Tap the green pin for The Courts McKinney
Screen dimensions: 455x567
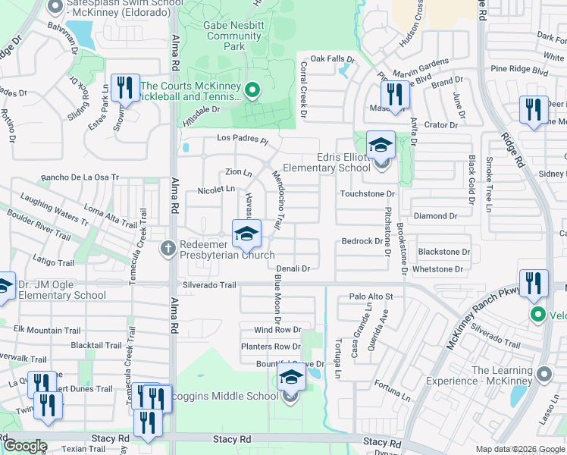pos(252,92)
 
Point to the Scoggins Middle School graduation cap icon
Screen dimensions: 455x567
pos(290,378)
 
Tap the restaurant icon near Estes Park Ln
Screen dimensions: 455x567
pos(125,88)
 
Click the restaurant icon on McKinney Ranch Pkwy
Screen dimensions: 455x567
pos(534,284)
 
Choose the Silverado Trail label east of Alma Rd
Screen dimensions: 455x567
pos(209,285)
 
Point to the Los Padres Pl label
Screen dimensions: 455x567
pos(243,140)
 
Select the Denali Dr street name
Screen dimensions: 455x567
pos(293,268)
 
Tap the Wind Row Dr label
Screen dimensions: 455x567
pos(277,331)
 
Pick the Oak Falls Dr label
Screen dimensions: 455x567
pos(332,58)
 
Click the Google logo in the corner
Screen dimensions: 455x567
pos(24,446)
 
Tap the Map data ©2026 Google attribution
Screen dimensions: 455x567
pos(519,449)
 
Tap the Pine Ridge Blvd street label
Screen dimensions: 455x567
pos(519,70)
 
